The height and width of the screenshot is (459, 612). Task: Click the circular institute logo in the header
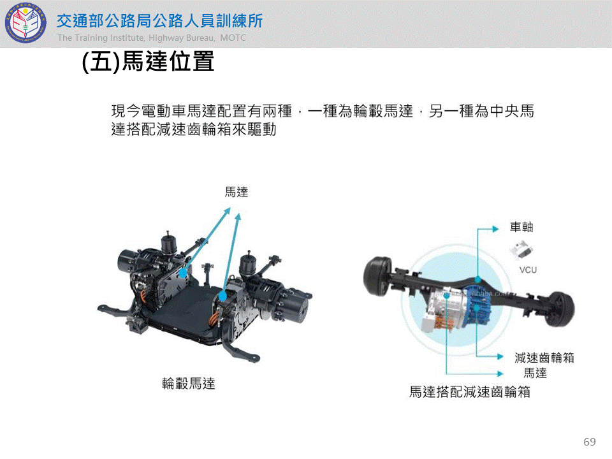pyautogui.click(x=25, y=22)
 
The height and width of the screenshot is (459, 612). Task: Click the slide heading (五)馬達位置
pyautogui.click(x=149, y=61)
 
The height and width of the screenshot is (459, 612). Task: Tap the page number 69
pyautogui.click(x=589, y=441)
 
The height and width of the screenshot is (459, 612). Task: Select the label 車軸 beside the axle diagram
pyautogui.click(x=521, y=227)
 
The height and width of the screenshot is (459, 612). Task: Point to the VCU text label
pyautogui.click(x=528, y=270)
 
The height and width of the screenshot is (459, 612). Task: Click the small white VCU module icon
pyautogui.click(x=521, y=250)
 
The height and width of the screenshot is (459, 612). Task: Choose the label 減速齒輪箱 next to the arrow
pyautogui.click(x=544, y=357)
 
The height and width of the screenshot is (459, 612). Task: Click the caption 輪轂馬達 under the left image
pyautogui.click(x=189, y=383)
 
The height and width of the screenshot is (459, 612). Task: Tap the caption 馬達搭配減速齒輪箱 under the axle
pyautogui.click(x=470, y=391)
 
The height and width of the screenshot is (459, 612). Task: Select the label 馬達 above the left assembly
pyautogui.click(x=236, y=192)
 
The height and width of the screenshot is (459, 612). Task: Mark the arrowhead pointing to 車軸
pyautogui.click(x=496, y=229)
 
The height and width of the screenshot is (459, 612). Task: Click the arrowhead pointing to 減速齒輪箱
pyautogui.click(x=500, y=356)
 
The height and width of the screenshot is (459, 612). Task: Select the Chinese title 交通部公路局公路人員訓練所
pyautogui.click(x=159, y=21)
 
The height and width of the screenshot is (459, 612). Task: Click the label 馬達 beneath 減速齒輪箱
pyautogui.click(x=535, y=373)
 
